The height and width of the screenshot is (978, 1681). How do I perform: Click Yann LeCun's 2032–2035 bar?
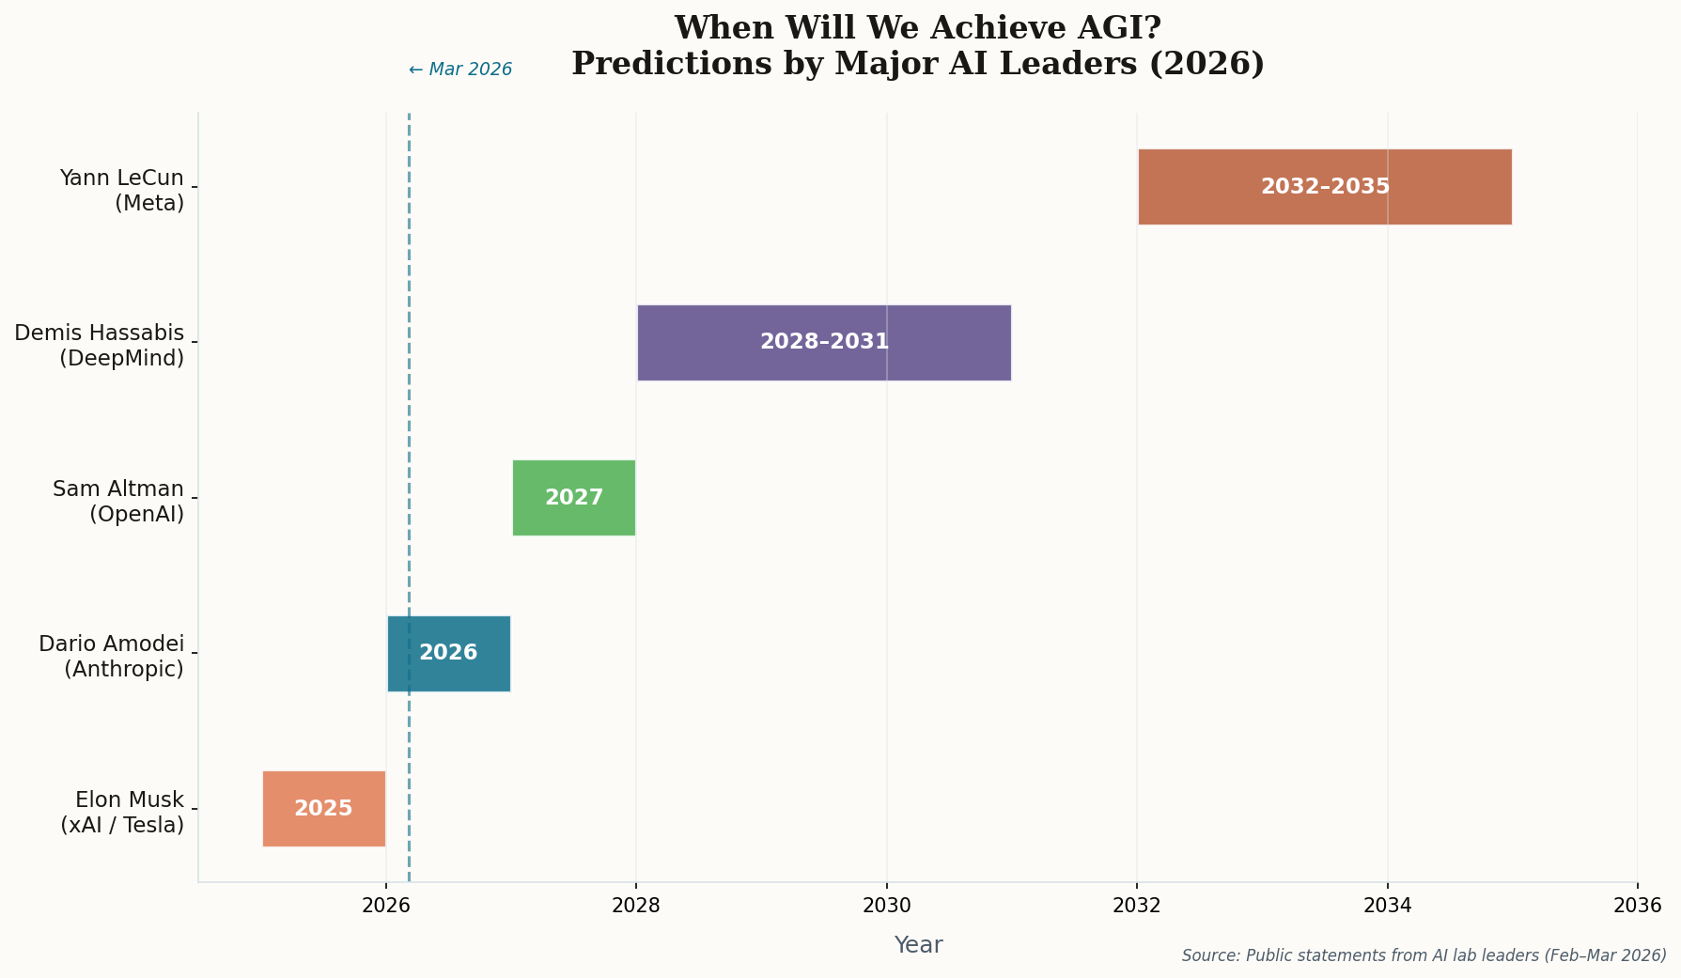[x=1325, y=187]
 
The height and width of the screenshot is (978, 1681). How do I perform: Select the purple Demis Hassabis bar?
[x=824, y=343]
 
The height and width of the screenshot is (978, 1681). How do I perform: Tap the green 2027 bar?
[x=574, y=498]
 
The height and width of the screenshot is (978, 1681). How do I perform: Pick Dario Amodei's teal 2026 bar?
[x=449, y=654]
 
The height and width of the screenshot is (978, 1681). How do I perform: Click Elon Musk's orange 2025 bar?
[x=324, y=809]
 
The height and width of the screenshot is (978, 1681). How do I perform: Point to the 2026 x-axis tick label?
[x=385, y=906]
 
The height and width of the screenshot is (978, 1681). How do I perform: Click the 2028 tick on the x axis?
[x=636, y=906]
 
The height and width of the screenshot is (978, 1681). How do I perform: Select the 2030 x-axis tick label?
[x=886, y=906]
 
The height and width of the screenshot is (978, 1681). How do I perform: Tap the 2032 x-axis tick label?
[x=1137, y=906]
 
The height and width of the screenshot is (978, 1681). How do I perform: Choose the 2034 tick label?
[x=1387, y=906]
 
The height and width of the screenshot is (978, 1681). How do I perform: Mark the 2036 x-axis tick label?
[x=1637, y=906]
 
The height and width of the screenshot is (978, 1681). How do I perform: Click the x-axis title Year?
[x=918, y=945]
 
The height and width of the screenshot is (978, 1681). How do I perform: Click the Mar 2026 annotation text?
[x=460, y=70]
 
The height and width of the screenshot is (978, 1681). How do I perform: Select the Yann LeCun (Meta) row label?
[x=121, y=191]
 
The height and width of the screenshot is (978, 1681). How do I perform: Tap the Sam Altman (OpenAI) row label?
[x=118, y=501]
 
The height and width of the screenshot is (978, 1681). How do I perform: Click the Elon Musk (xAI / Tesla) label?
[x=122, y=812]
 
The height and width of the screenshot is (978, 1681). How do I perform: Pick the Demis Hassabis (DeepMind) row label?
[x=100, y=346]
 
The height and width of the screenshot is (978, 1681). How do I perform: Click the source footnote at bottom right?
[x=1424, y=955]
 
